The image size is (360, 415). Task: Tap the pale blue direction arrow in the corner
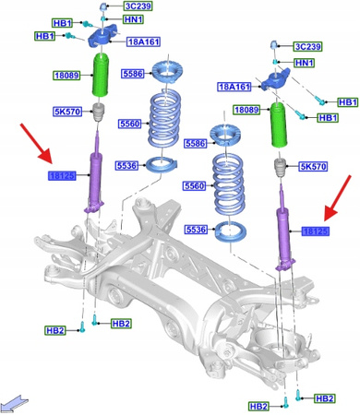click(x=17, y=399)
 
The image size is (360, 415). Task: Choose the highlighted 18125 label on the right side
click(x=316, y=231)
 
